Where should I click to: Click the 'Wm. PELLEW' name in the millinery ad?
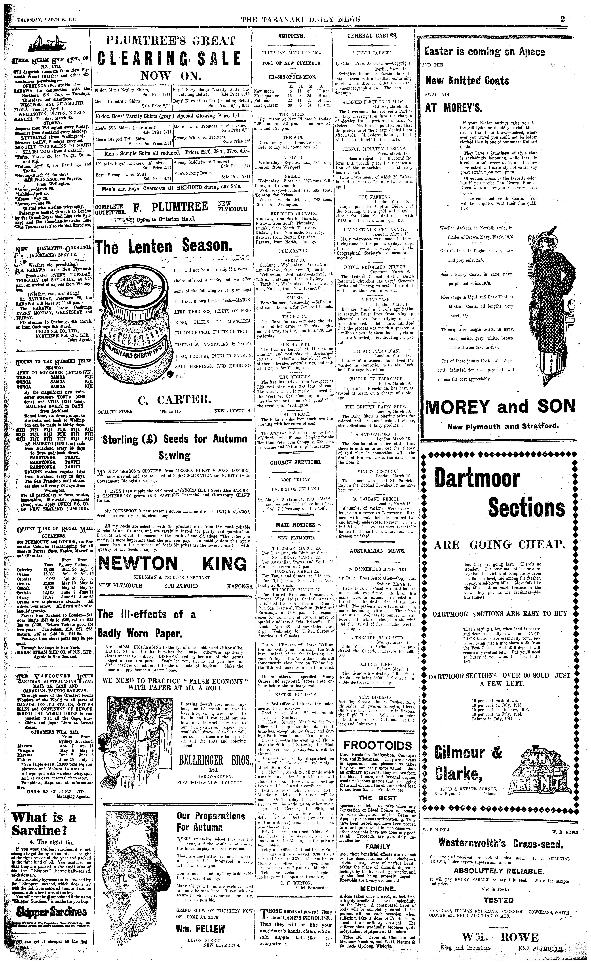(x=201, y=937)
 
